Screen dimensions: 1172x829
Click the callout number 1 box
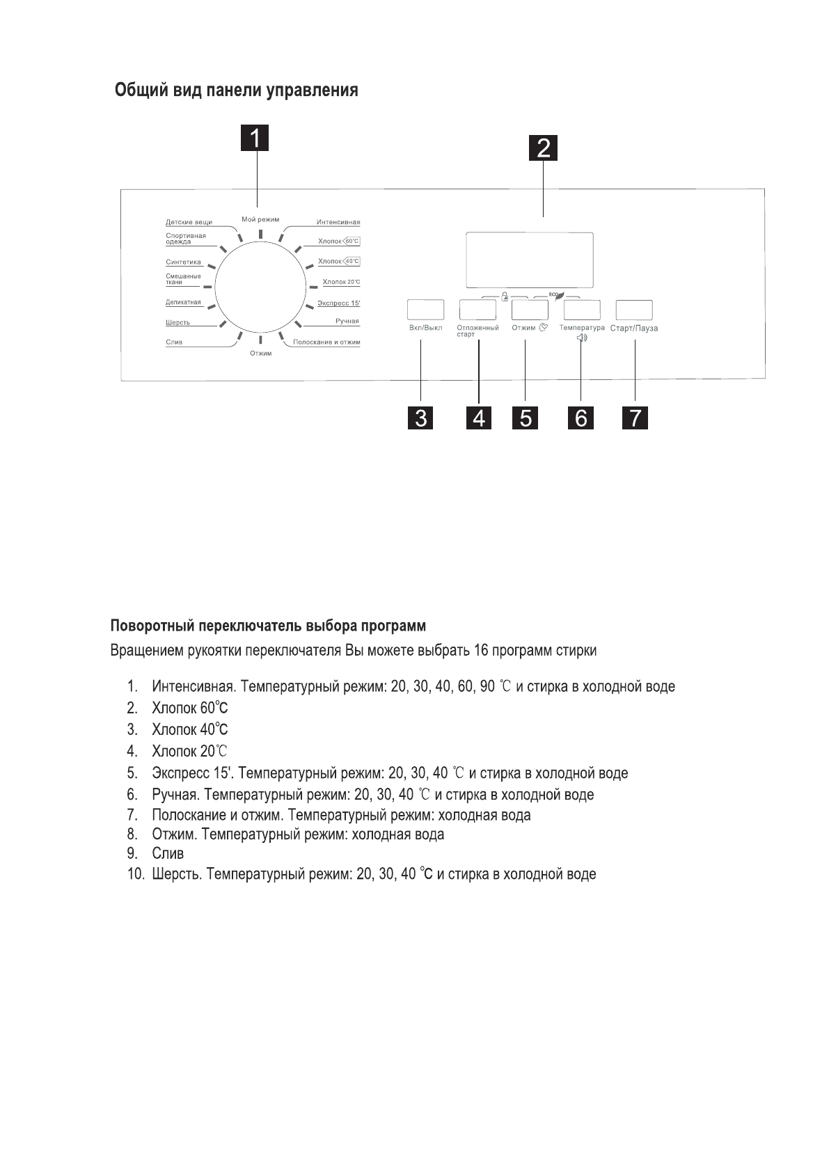(x=255, y=138)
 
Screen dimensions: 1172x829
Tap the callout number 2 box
(x=543, y=148)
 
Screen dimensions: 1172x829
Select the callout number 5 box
(x=526, y=418)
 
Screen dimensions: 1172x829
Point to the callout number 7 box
(x=635, y=418)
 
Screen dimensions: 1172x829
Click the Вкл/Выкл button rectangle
(x=425, y=310)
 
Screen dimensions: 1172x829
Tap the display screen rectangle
(x=530, y=260)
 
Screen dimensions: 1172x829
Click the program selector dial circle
(x=261, y=287)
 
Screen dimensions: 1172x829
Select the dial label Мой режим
(x=260, y=219)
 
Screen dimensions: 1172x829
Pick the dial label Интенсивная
(x=338, y=223)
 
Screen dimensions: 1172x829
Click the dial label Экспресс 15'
(x=339, y=303)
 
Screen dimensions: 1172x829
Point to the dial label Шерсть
(x=177, y=323)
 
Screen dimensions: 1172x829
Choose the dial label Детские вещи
(x=189, y=223)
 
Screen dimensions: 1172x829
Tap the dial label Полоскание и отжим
(x=326, y=342)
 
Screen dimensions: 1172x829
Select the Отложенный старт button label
(x=477, y=331)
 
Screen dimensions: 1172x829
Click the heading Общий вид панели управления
(x=237, y=90)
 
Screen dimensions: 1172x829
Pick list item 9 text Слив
(x=168, y=854)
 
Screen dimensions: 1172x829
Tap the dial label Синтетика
(x=183, y=262)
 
